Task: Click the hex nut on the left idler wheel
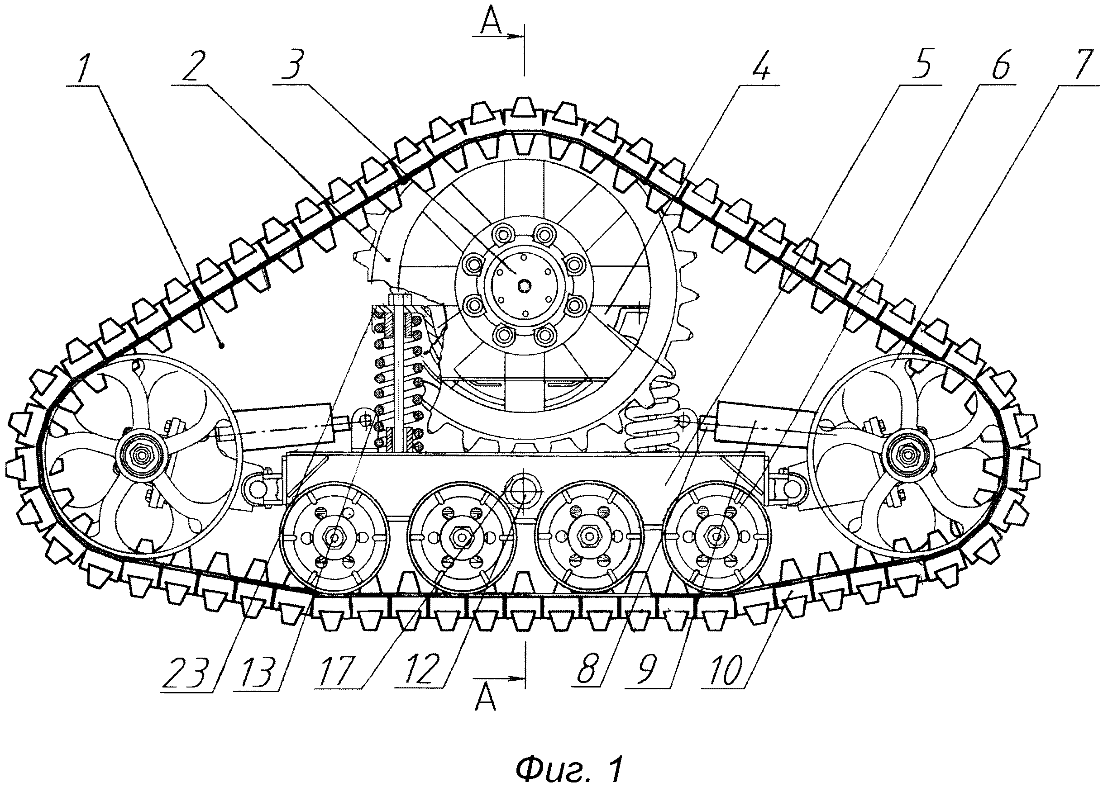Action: (141, 455)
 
